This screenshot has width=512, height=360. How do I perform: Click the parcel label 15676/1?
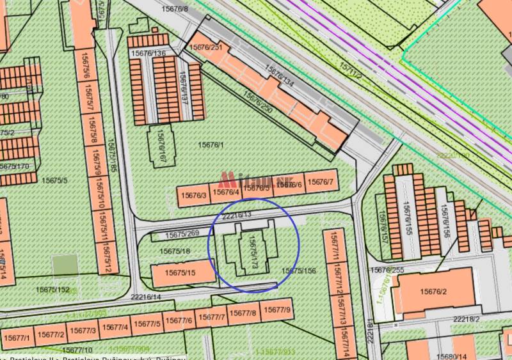[x=211, y=145]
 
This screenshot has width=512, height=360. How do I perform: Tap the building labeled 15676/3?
[x=194, y=195]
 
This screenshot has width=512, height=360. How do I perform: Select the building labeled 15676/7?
[x=320, y=182]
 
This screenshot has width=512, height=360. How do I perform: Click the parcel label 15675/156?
[x=299, y=271]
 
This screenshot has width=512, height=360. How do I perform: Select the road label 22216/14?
[x=145, y=297]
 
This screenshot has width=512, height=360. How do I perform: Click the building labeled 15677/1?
[x=17, y=336]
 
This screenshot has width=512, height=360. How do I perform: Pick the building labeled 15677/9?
[x=277, y=311]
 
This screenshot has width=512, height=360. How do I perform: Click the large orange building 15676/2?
[x=433, y=292]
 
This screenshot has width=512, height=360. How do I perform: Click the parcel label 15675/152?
[x=53, y=290]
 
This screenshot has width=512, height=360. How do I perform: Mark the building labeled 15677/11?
[x=333, y=249]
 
